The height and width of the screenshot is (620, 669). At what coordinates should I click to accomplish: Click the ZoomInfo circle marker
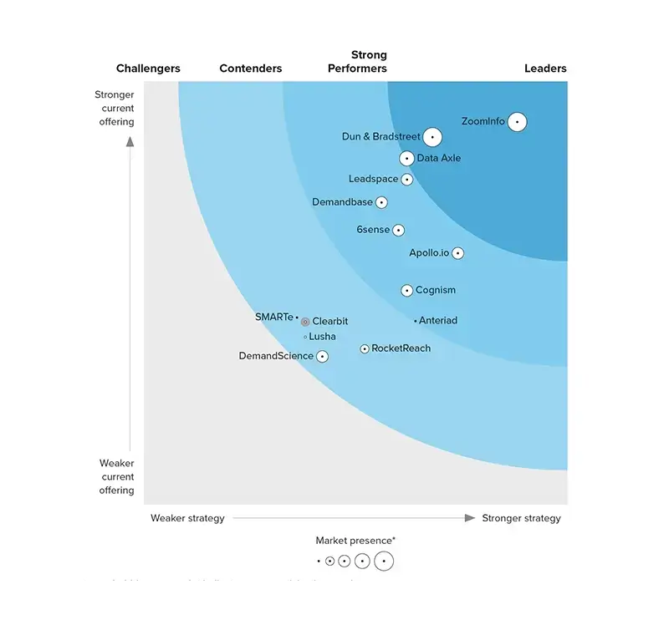(x=517, y=122)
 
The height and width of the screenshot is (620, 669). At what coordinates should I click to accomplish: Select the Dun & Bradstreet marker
(x=432, y=137)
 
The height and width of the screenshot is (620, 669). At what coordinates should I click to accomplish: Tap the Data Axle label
(x=438, y=158)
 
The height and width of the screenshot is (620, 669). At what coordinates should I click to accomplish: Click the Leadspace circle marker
(x=406, y=179)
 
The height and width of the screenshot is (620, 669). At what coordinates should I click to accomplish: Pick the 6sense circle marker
(x=398, y=230)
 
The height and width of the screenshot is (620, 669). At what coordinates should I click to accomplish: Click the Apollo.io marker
(x=457, y=253)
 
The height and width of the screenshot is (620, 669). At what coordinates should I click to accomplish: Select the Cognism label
(x=436, y=291)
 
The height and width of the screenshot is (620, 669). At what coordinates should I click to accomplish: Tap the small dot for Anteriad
(x=415, y=321)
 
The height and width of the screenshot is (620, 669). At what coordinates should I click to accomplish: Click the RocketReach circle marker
(x=365, y=348)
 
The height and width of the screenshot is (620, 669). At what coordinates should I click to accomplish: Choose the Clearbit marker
(x=305, y=322)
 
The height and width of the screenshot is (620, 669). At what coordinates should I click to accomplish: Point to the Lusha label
(x=323, y=337)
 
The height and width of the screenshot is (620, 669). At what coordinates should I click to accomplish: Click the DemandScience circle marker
(x=322, y=356)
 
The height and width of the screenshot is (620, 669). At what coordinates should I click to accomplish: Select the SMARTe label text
(x=274, y=317)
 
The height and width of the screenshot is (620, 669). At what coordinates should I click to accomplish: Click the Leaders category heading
(x=545, y=69)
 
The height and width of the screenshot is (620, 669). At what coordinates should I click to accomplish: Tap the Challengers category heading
(x=148, y=69)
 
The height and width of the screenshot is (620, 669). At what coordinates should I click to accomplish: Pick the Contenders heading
(x=251, y=69)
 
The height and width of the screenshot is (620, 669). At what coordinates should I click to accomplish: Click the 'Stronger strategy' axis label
(x=521, y=518)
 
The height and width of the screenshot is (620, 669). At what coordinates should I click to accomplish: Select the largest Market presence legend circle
(x=384, y=562)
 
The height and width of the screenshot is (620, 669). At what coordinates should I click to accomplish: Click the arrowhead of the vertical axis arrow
(x=130, y=141)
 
